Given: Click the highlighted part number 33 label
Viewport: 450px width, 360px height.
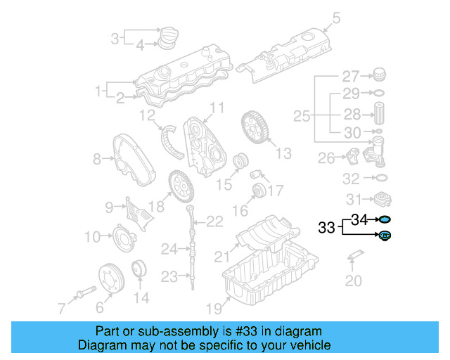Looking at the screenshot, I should coord(327,228).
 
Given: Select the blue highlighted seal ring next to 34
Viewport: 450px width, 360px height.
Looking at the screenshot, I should coord(385,221).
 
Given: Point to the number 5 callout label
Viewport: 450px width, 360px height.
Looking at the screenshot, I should coord(335,18).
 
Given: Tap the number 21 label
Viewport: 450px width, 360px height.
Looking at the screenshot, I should coord(222,255).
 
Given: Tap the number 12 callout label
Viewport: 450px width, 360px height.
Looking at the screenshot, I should coord(147,115).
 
